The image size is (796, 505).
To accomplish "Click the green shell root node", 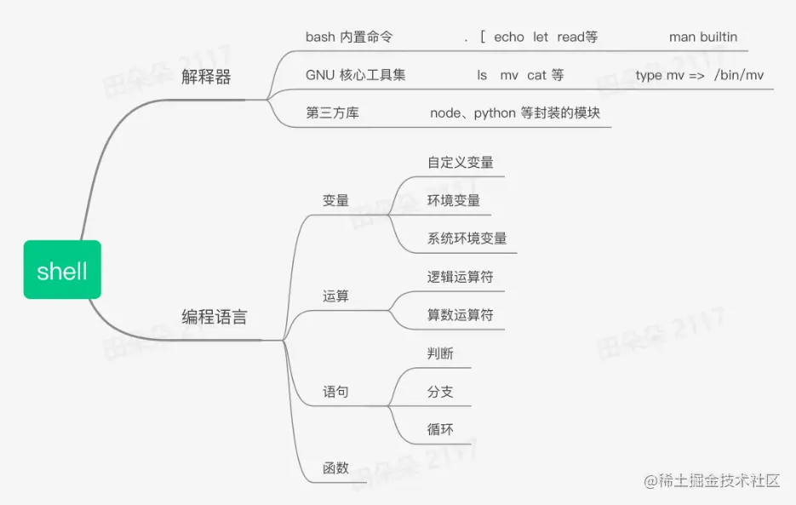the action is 62,270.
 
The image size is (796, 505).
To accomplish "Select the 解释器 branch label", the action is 206,77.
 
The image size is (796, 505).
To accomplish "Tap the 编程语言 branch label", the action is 215,317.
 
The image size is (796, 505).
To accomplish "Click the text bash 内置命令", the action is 349,37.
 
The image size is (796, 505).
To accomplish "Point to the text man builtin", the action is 703,37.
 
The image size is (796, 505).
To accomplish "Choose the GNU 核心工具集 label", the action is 356,75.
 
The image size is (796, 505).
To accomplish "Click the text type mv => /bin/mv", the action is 700,75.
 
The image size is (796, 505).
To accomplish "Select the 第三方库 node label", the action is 332,112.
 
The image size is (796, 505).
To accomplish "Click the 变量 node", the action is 335,201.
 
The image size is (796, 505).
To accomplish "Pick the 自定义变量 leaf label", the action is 461,162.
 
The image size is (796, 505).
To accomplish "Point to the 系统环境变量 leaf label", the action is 467,238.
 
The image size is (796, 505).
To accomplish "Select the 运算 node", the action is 335,296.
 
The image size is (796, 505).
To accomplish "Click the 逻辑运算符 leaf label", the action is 461,277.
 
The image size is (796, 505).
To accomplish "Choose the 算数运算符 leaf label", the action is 461,315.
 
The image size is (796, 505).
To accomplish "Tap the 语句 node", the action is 335,392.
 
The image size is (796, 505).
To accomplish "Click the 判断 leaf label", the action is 440,353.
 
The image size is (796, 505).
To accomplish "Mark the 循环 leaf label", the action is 440,429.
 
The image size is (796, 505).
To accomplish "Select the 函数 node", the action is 335,468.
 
